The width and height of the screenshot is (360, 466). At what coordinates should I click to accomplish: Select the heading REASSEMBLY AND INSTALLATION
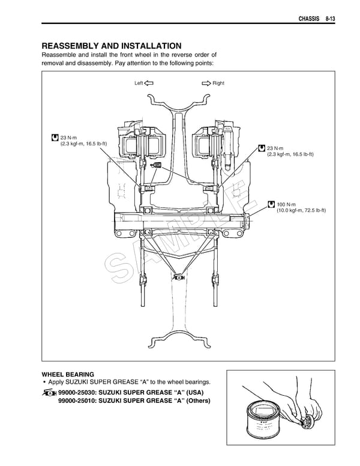111,46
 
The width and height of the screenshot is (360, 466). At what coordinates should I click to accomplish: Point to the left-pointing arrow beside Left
149,83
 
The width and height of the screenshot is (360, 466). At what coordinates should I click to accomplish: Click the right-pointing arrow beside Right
206,83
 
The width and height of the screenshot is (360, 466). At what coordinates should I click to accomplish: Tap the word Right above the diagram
218,83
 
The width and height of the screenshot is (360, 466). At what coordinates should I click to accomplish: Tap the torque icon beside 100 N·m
271,204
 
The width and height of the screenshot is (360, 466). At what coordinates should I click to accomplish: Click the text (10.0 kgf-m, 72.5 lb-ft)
301,211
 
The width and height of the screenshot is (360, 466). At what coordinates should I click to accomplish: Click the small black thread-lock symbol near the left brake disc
158,165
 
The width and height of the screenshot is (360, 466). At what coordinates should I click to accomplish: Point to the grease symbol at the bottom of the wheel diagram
178,277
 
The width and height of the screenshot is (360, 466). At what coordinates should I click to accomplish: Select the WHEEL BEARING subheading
68,374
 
